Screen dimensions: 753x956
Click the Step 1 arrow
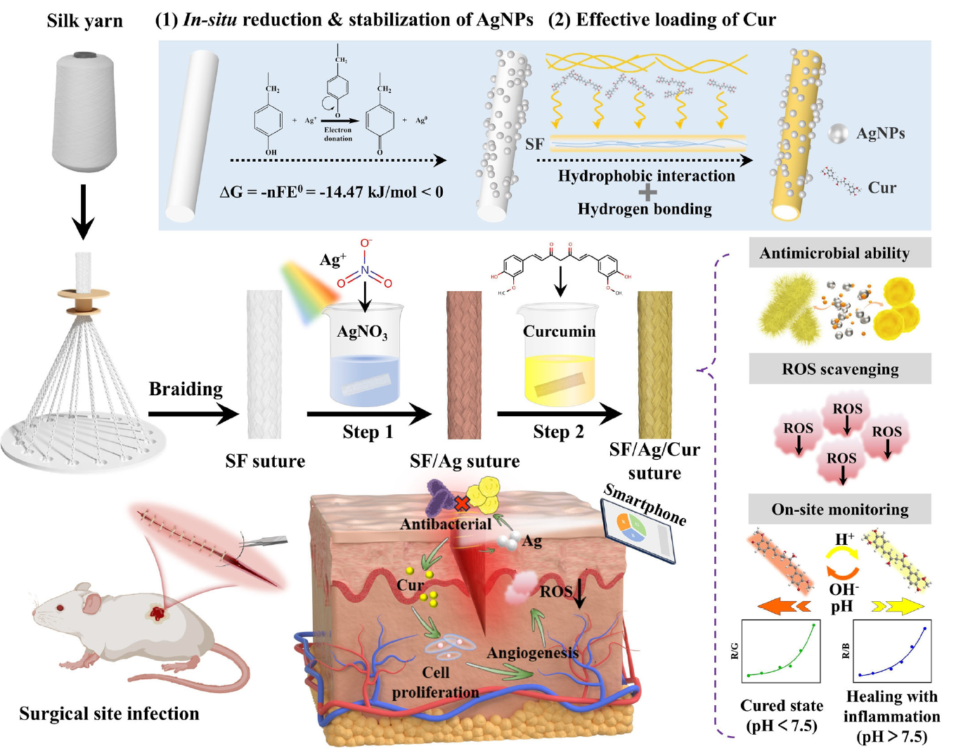368,414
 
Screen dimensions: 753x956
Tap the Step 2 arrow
559,414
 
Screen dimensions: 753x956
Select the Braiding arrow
193,414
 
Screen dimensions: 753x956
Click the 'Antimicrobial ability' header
839,252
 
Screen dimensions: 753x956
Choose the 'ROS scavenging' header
839,369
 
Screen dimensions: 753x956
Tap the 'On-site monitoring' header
839,509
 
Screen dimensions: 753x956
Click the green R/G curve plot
781,651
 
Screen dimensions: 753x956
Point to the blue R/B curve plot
892,651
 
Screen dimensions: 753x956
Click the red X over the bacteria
462,503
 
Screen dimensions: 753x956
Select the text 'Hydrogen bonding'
644,209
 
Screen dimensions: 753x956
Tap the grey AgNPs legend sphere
837,134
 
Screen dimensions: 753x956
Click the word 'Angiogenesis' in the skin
532,653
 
